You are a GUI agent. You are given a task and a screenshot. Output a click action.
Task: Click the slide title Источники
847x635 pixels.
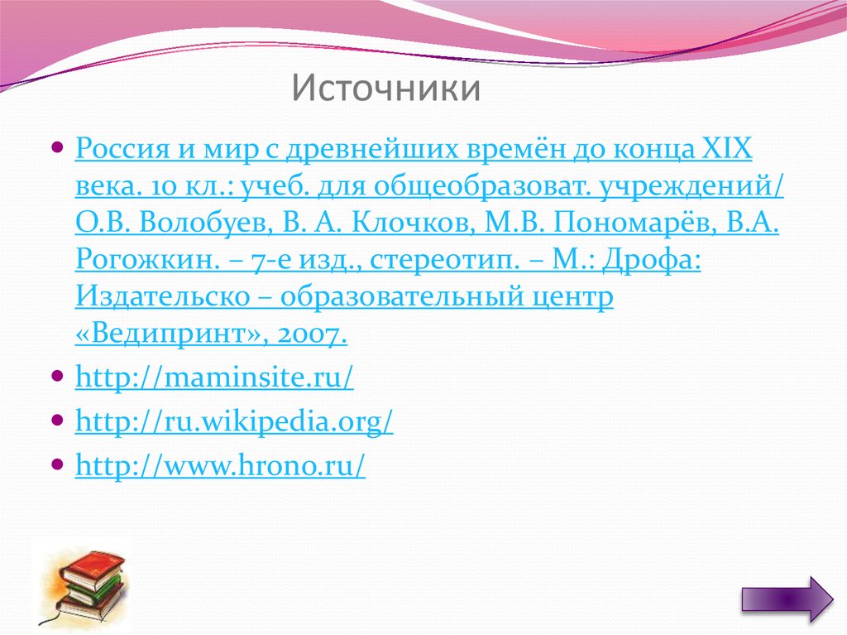click(385, 89)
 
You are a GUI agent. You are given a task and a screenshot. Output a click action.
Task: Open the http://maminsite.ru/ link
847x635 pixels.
click(214, 378)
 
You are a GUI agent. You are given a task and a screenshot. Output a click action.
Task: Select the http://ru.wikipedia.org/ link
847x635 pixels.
click(234, 422)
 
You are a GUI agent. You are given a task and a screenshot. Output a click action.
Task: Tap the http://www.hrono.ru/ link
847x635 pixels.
click(220, 466)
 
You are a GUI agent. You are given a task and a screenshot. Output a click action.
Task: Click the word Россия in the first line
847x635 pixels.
click(120, 150)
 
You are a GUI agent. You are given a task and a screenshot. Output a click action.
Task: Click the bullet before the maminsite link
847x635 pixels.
click(56, 376)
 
